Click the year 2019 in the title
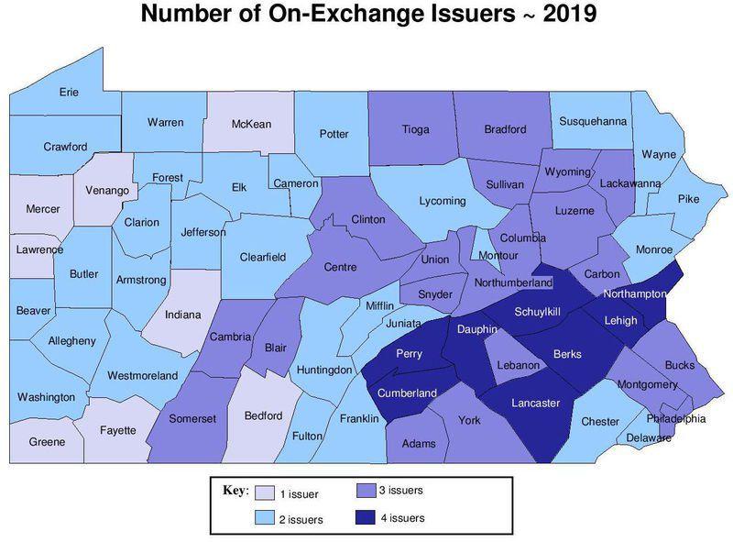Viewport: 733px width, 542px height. pyautogui.click(x=569, y=16)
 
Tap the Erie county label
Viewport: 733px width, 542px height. pyautogui.click(x=69, y=93)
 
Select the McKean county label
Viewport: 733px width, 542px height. pyautogui.click(x=250, y=125)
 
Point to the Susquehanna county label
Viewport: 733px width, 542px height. pyautogui.click(x=592, y=120)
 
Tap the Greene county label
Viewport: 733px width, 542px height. pyautogui.click(x=46, y=442)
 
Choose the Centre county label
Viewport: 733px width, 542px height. pyautogui.click(x=340, y=267)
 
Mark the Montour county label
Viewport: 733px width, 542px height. pyautogui.click(x=498, y=255)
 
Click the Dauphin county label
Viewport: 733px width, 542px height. pyautogui.click(x=477, y=328)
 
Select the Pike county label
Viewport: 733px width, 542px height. pyautogui.click(x=688, y=199)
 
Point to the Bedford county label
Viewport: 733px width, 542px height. pyautogui.click(x=263, y=415)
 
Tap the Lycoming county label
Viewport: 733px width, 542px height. pyautogui.click(x=442, y=201)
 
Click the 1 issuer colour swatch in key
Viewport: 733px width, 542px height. pyautogui.click(x=264, y=493)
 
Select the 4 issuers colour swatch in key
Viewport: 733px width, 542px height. pyautogui.click(x=366, y=518)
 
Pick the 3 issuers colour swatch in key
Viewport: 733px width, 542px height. pyautogui.click(x=366, y=492)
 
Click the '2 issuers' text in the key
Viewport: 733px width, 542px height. pyautogui.click(x=301, y=520)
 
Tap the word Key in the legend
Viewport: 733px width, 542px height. pyautogui.click(x=235, y=491)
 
